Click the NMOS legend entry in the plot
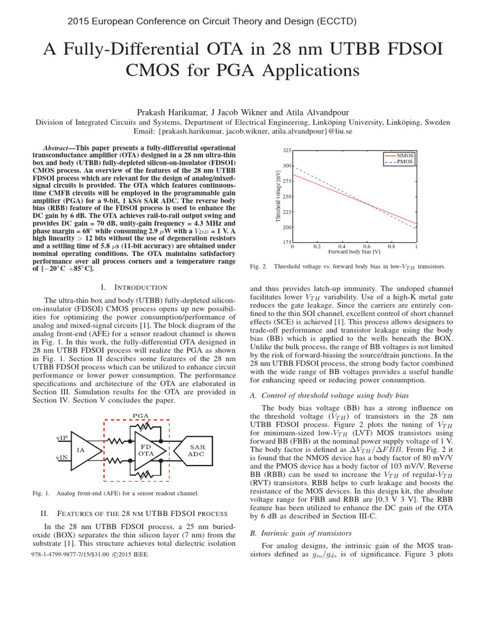(400, 155)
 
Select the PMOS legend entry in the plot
(400, 162)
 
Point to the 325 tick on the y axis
(286, 150)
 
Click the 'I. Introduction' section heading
(133, 287)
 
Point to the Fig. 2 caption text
(347, 266)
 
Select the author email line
(239, 132)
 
